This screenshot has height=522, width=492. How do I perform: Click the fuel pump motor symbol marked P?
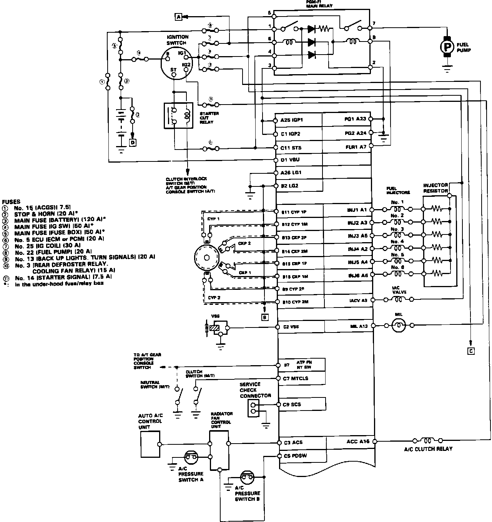point(447,46)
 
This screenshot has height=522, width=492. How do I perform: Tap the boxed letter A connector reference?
point(178,17)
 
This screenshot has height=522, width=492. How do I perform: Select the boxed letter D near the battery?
point(133,143)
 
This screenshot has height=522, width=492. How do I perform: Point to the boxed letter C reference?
point(471,350)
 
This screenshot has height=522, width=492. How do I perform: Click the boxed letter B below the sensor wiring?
point(264,317)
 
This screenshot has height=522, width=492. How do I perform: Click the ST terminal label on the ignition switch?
point(173,70)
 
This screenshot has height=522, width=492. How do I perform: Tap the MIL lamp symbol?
point(398,326)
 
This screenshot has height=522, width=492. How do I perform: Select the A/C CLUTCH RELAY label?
point(428,449)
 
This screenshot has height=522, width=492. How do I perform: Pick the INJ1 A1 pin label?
point(357,210)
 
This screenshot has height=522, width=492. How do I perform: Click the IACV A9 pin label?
point(357,300)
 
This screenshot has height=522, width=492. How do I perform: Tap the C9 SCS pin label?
point(292,404)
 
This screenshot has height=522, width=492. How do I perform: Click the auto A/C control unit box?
point(150,444)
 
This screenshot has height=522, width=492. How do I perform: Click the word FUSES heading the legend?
point(11,201)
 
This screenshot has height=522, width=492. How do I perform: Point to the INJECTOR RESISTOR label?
point(435,188)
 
